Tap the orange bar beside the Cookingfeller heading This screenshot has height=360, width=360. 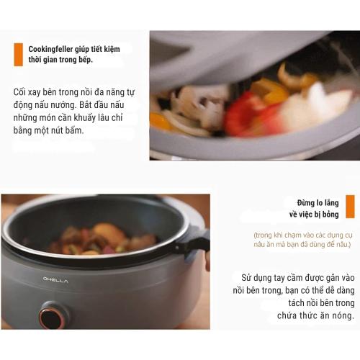(18, 54)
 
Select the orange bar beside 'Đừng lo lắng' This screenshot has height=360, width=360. (349, 206)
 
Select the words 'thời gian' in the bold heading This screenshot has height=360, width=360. (42, 60)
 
